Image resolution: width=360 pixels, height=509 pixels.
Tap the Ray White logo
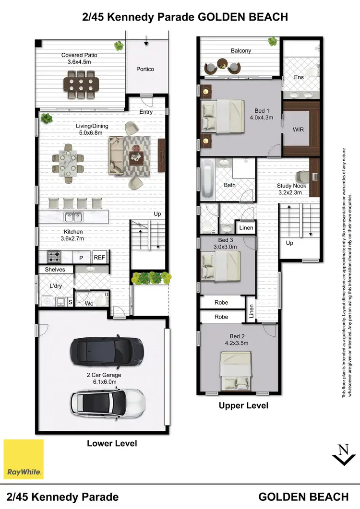point(24,459)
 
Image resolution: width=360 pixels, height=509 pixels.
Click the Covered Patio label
point(79,58)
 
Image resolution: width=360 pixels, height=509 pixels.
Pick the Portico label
point(145,69)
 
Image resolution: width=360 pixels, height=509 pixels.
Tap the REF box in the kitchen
point(99,258)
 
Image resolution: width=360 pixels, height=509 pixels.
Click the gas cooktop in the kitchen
point(53,257)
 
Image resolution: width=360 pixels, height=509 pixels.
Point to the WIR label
point(298,130)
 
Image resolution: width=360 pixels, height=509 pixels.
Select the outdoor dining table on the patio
point(80,84)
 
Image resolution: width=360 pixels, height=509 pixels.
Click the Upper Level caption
point(243,406)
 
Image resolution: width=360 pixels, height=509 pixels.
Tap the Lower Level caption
point(112,443)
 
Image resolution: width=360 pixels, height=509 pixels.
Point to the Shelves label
point(55,270)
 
